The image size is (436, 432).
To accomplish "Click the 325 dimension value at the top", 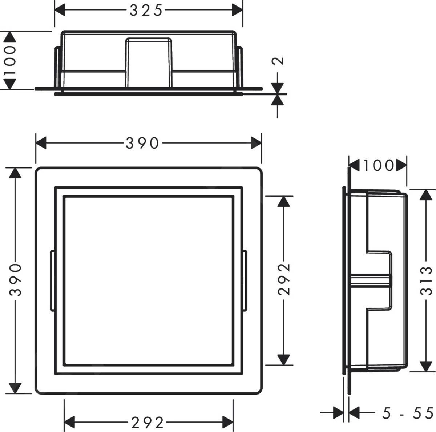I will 146,11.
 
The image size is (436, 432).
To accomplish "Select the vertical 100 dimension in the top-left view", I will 10,60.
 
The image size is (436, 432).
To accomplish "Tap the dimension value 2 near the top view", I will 278,61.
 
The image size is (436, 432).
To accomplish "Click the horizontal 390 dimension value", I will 142,143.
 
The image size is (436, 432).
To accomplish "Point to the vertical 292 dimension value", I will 284,279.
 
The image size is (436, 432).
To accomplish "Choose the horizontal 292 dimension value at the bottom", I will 148,423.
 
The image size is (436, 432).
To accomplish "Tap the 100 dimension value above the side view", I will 378,165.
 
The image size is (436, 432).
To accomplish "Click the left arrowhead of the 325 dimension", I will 60,11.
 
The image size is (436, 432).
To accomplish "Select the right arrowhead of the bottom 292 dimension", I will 227,423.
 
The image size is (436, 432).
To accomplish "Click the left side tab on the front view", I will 52,280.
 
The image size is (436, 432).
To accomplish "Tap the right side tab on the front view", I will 245,280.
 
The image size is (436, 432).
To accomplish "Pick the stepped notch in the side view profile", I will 380,280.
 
